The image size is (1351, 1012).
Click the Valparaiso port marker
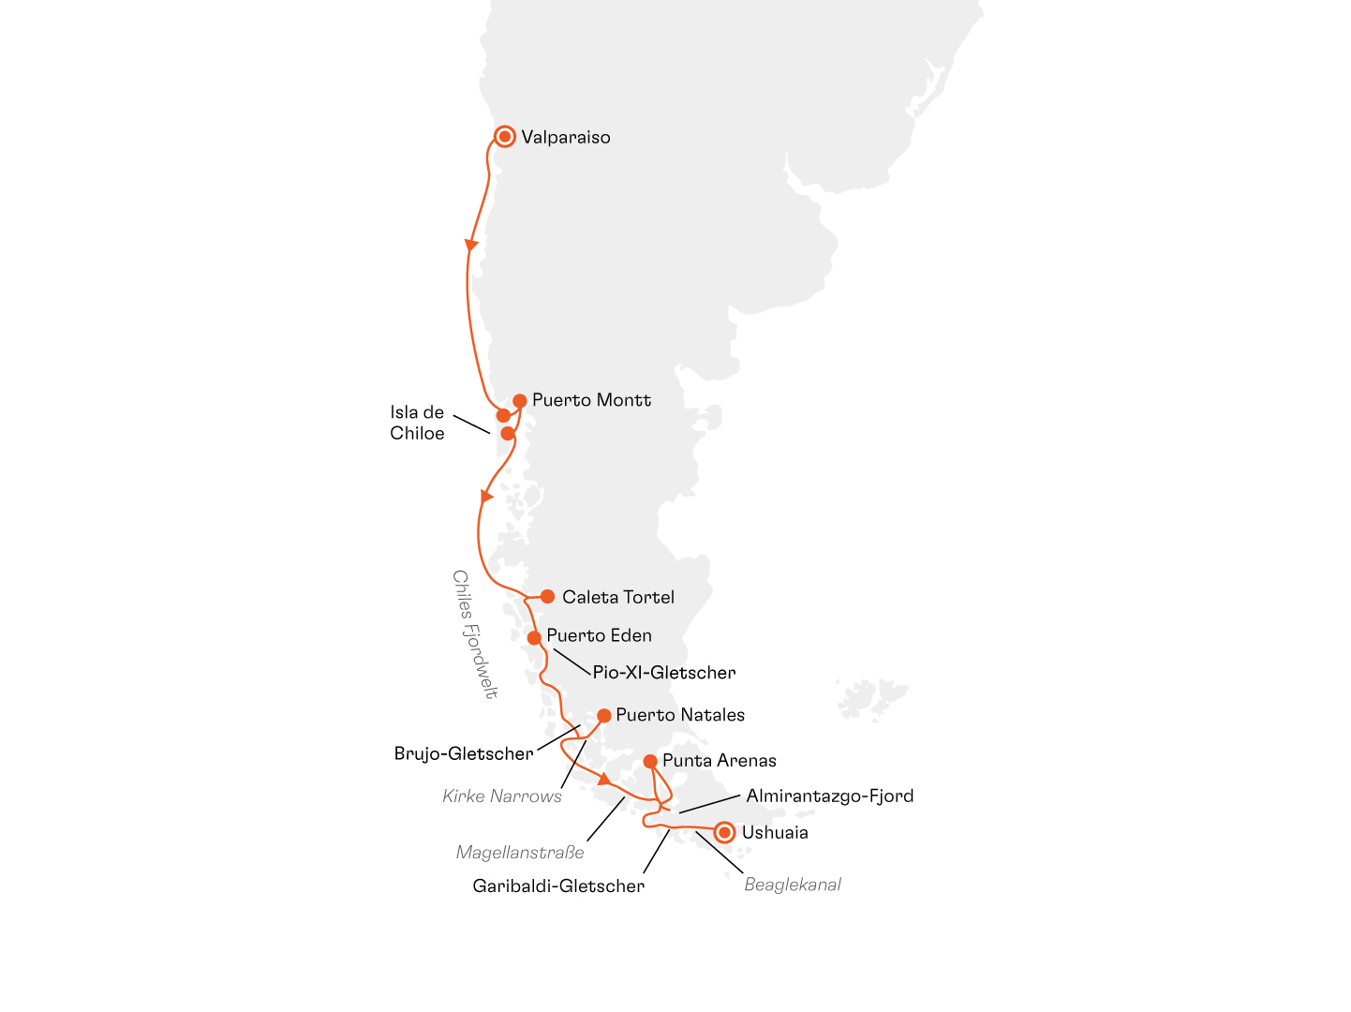click(x=505, y=137)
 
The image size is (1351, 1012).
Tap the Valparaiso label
click(x=566, y=138)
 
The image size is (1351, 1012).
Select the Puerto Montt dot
click(x=520, y=401)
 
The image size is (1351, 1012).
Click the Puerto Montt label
click(x=591, y=400)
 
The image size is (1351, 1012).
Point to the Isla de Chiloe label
click(x=417, y=423)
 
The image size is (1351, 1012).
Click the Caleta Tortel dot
click(x=547, y=597)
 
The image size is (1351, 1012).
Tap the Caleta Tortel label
click(x=618, y=597)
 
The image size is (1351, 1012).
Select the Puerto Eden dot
click(x=534, y=638)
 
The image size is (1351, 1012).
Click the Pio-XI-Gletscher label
click(x=663, y=673)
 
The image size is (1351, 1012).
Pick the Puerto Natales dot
click(x=604, y=716)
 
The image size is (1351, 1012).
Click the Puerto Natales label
click(x=680, y=715)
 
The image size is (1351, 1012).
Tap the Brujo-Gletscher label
click(x=464, y=753)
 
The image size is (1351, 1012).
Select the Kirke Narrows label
click(x=502, y=796)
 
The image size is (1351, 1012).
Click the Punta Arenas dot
click(x=650, y=761)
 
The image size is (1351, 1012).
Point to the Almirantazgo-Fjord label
click(x=829, y=796)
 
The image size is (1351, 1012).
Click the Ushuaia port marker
click(x=724, y=832)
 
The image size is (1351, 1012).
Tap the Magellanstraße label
click(x=520, y=853)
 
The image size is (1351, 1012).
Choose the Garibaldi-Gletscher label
click(x=558, y=885)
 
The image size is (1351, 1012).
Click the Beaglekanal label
click(x=793, y=885)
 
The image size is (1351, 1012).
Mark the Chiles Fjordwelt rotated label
click(x=475, y=634)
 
